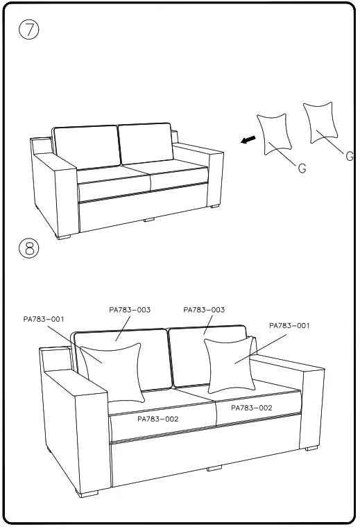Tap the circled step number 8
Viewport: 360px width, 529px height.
point(28,249)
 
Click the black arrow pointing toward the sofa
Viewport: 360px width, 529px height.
point(246,141)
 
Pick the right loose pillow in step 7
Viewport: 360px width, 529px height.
point(320,123)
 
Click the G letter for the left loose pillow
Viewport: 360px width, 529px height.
point(302,168)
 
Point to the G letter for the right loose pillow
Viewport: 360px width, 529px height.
point(350,156)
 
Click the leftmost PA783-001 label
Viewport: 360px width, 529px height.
point(44,319)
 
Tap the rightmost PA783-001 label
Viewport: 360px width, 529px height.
point(289,325)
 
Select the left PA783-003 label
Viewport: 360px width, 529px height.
point(130,310)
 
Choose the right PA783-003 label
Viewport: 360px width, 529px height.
point(204,310)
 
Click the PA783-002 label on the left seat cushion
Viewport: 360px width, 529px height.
point(157,419)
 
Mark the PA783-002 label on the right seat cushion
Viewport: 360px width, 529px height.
point(251,408)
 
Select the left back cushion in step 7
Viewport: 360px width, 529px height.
point(85,146)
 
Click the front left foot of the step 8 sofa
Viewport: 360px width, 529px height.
point(88,493)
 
